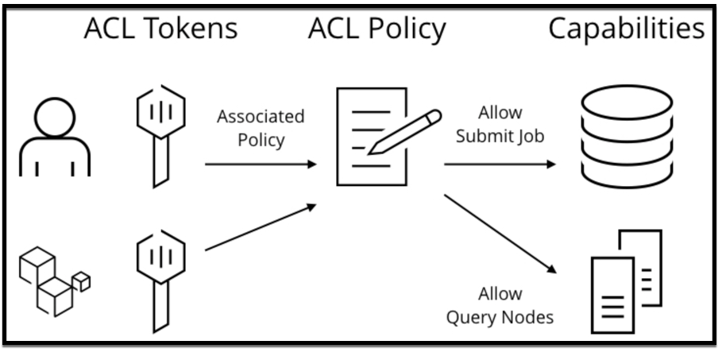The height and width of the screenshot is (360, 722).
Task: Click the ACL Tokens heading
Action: pos(161,29)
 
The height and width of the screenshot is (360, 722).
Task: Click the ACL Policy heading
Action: pos(377,29)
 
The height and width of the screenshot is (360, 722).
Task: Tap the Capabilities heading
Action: pos(626,29)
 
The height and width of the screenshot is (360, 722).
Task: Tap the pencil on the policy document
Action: pos(405,131)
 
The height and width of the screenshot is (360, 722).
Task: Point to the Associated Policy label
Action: pos(261,127)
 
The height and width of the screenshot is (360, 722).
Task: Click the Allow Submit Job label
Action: pos(500,124)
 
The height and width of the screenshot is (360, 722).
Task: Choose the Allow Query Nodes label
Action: pos(500,307)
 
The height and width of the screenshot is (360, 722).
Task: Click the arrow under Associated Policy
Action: pos(261,165)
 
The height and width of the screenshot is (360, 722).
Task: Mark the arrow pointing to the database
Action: pos(500,165)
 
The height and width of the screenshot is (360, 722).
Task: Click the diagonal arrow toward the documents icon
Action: pos(500,232)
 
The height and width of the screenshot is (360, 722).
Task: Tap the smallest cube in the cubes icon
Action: pos(81,281)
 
